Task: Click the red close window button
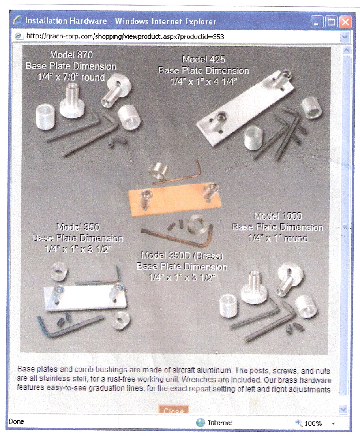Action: click(345, 22)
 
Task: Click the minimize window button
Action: click(316, 22)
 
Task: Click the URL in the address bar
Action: click(125, 36)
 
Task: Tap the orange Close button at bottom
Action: click(173, 410)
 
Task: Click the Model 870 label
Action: click(71, 54)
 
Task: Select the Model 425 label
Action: click(204, 59)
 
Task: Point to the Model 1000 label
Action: click(278, 216)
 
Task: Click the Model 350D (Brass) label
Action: click(182, 255)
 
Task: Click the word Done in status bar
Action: click(17, 421)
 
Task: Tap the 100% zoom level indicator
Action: click(313, 423)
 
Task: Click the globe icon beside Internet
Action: click(201, 423)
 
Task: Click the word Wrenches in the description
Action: click(199, 380)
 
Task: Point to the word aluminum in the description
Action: click(214, 370)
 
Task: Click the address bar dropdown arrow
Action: click(345, 36)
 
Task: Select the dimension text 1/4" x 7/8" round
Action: click(71, 77)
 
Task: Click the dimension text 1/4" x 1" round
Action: click(278, 238)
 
